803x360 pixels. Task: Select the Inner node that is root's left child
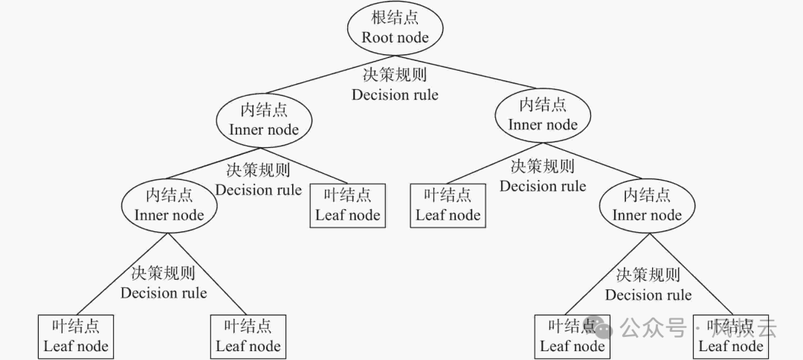[264, 120]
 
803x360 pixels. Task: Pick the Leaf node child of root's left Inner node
[347, 205]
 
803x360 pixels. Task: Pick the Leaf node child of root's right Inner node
[448, 205]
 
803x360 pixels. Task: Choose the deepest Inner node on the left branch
[169, 205]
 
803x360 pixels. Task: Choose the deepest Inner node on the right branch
[647, 205]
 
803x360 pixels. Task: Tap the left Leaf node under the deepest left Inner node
[76, 336]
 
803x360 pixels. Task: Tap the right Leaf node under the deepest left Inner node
[248, 336]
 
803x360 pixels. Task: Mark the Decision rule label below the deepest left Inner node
[164, 283]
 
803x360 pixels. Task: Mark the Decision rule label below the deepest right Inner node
[648, 286]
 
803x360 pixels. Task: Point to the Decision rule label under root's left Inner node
[258, 180]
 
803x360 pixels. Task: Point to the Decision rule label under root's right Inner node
[543, 176]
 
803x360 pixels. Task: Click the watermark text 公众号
[653, 327]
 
